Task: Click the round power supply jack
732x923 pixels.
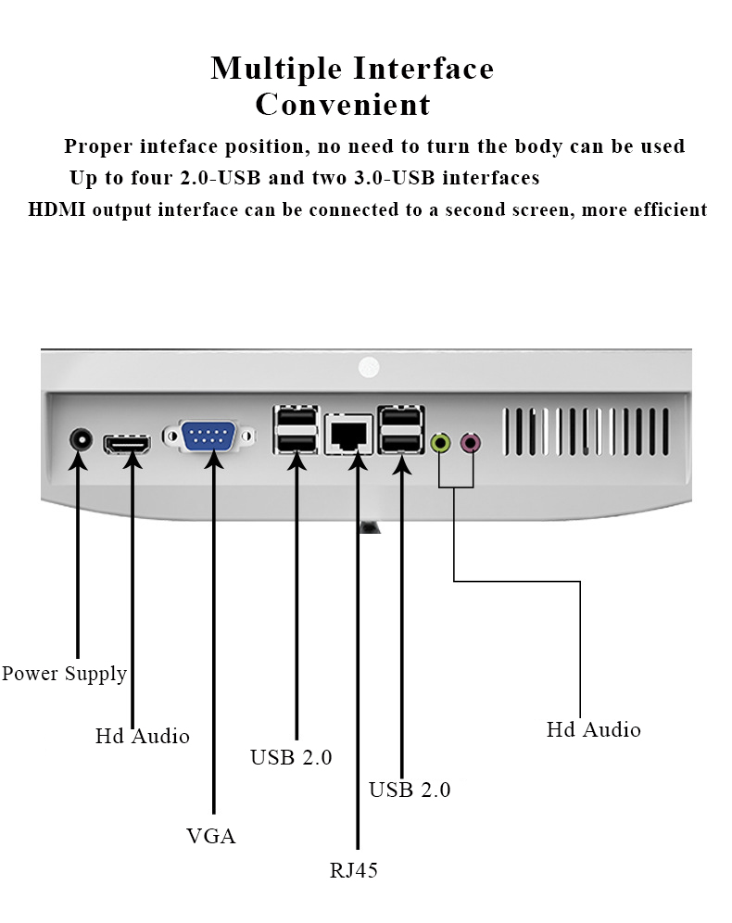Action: pyautogui.click(x=81, y=439)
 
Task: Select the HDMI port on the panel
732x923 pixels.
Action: pyautogui.click(x=127, y=444)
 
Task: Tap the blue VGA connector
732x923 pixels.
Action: pyautogui.click(x=208, y=436)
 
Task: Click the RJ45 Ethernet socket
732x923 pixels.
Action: pyautogui.click(x=349, y=434)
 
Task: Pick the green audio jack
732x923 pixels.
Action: pyautogui.click(x=441, y=442)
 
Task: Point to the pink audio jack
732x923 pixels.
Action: pyautogui.click(x=470, y=442)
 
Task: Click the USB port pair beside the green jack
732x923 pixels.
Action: pyautogui.click(x=400, y=430)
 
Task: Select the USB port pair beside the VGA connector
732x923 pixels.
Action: pyautogui.click(x=296, y=430)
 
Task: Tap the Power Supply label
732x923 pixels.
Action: pyautogui.click(x=64, y=674)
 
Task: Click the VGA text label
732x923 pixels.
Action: pyautogui.click(x=210, y=836)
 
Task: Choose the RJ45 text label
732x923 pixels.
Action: pyautogui.click(x=354, y=870)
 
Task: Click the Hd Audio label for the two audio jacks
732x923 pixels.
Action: pyautogui.click(x=593, y=729)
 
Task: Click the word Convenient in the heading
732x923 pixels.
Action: pyautogui.click(x=343, y=104)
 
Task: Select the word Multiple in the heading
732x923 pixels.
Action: pyautogui.click(x=276, y=69)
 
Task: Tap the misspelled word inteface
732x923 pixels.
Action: pyautogui.click(x=178, y=146)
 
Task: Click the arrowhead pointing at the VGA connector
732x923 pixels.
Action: pyautogui.click(x=214, y=459)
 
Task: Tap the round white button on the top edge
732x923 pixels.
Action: pyautogui.click(x=369, y=367)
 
